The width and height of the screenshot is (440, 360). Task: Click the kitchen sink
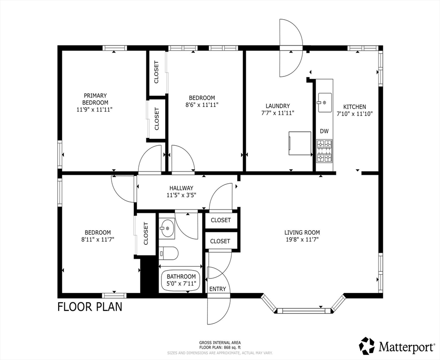(325, 103)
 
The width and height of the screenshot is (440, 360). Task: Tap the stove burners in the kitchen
(325, 151)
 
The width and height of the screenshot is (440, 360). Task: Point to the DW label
(324, 131)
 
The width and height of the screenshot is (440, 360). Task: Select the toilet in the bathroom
(168, 254)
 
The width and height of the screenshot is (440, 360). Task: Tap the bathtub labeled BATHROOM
(181, 280)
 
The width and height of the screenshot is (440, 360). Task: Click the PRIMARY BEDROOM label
(95, 99)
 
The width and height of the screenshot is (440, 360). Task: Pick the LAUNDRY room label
(278, 106)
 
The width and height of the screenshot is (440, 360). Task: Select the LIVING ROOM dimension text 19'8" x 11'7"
(302, 240)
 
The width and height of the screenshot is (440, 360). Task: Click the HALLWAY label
(181, 188)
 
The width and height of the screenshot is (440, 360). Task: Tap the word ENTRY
(218, 289)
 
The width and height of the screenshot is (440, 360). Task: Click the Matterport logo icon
(367, 345)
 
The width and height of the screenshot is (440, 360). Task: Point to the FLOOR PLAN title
(90, 307)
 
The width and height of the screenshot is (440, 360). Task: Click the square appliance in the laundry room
(300, 143)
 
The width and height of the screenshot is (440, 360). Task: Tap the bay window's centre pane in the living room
(303, 310)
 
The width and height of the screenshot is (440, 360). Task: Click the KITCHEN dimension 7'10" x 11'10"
(355, 113)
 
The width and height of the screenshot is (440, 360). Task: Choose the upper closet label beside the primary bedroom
(157, 72)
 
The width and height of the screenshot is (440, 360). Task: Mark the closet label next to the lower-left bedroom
(145, 233)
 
